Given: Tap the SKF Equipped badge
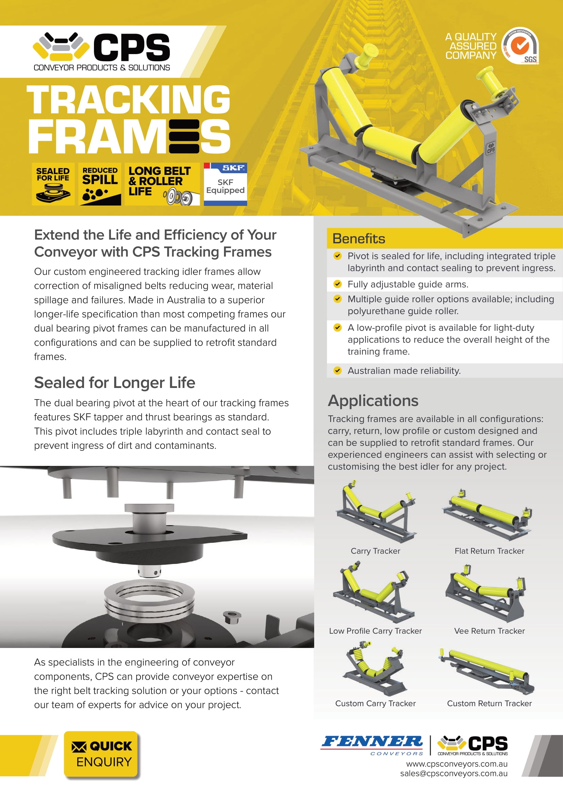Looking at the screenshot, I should coord(225,184).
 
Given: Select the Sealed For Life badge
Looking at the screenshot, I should coord(53,184).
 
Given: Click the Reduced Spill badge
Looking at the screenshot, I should coord(100,184).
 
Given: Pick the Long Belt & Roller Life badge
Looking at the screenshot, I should coord(162,184).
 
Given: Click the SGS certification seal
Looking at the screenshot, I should coord(521,45).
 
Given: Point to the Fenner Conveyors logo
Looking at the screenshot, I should coord(372,745).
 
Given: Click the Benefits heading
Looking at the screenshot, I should coord(358,239).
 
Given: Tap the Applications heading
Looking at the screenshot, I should coord(373,401).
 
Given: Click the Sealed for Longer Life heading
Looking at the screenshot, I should coord(114,383).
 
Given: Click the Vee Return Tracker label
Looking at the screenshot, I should coord(489,631).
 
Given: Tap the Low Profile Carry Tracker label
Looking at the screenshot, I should coord(375,631).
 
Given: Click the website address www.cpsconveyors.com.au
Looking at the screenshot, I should coord(456,764).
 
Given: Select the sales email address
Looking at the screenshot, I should coord(453,773).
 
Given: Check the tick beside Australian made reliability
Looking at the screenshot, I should coord(337,370).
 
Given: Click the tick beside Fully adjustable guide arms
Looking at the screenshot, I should coord(337,284).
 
